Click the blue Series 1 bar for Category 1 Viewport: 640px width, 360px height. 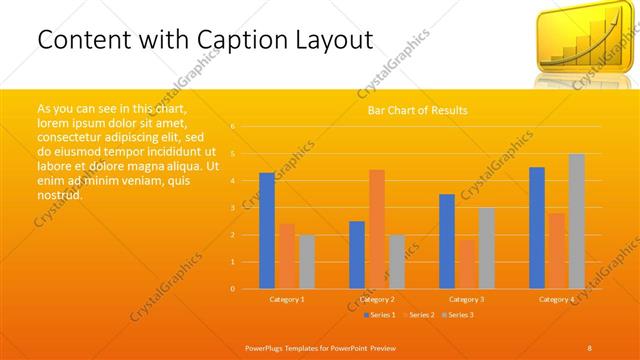pyautogui.click(x=266, y=231)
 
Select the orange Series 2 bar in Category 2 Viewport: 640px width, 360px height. pyautogui.click(x=376, y=229)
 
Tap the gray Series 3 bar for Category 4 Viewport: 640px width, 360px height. pyautogui.click(x=576, y=221)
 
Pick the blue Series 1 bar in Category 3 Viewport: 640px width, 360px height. pyautogui.click(x=446, y=241)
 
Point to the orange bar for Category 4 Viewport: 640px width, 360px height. pyautogui.click(x=556, y=251)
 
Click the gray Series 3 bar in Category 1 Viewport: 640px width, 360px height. pyautogui.click(x=306, y=262)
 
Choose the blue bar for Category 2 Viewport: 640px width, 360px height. pyautogui.click(x=357, y=255)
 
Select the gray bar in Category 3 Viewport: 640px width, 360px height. pyautogui.click(x=486, y=248)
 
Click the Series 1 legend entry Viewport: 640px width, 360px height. pyautogui.click(x=381, y=315)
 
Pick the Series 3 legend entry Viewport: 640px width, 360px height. pyautogui.click(x=458, y=315)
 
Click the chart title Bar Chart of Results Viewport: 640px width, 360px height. pyautogui.click(x=412, y=110)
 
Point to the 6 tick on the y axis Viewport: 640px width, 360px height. pyautogui.click(x=233, y=127)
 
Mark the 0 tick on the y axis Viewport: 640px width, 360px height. pyautogui.click(x=233, y=289)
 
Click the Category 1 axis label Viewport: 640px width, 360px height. pyautogui.click(x=287, y=299)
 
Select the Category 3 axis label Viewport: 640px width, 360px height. pyautogui.click(x=466, y=299)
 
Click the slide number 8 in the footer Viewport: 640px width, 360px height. pyautogui.click(x=589, y=346)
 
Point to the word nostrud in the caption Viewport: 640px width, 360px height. pyautogui.click(x=58, y=194)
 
